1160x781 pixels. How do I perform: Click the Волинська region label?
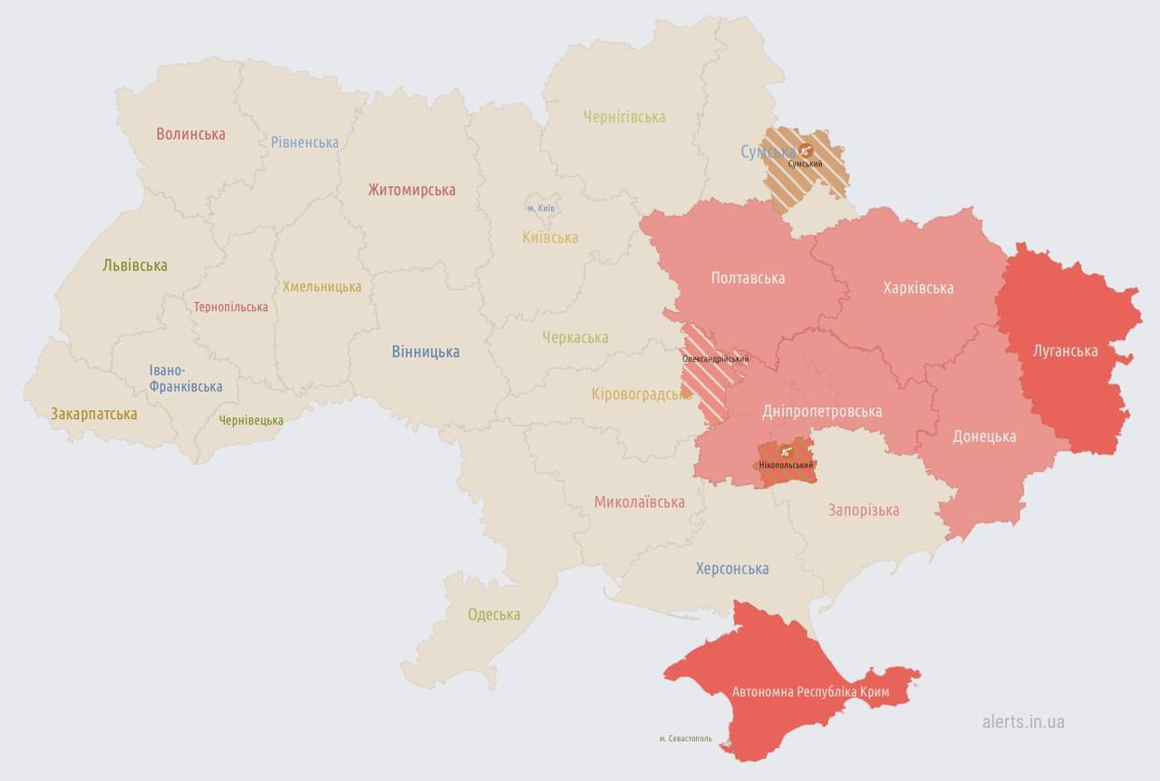tap(190, 134)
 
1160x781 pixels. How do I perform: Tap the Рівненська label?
tap(304, 142)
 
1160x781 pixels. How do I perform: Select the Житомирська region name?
tap(411, 190)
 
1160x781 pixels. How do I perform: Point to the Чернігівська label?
tap(624, 117)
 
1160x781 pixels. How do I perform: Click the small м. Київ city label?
tap(541, 209)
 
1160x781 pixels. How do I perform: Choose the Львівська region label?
tap(135, 266)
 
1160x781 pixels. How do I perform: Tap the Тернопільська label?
tap(230, 308)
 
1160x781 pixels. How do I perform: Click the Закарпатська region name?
tap(94, 415)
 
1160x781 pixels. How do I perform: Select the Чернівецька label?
tap(251, 421)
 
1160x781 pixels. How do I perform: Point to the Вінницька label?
tap(425, 352)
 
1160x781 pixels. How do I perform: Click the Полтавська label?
tap(748, 278)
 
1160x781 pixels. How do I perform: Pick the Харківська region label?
tap(918, 288)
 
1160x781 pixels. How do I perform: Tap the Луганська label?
tap(1065, 351)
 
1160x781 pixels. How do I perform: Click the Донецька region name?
tap(984, 436)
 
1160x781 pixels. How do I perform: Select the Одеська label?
tap(494, 615)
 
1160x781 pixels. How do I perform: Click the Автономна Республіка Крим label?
tap(810, 693)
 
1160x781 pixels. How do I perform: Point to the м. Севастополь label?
tap(685, 739)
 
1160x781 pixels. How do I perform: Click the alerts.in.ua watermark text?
tap(1023, 722)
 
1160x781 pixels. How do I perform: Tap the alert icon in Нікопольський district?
tap(785, 450)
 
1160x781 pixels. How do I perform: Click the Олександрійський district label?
tap(715, 359)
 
